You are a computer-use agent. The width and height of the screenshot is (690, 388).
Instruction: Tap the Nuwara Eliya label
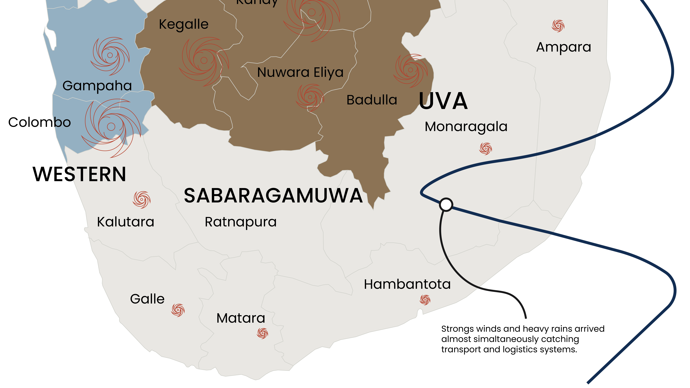(300, 72)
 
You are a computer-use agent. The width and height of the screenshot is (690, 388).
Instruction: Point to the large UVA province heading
(443, 101)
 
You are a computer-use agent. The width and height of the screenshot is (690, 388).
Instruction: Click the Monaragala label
(466, 127)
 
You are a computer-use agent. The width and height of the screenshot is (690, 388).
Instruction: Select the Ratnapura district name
(241, 222)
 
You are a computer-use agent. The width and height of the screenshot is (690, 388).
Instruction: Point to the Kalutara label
(126, 222)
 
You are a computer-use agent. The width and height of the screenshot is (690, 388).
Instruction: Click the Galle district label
(147, 299)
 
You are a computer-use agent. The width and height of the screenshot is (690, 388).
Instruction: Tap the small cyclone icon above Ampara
(558, 26)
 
